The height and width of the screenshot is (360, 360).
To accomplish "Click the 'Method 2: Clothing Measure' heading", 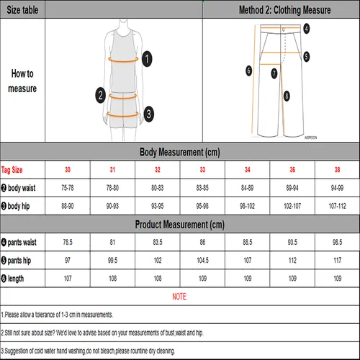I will [x=284, y=11].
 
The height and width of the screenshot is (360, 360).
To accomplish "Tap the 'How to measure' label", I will [x=22, y=81].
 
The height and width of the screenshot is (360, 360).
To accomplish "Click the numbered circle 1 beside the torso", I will [x=146, y=59].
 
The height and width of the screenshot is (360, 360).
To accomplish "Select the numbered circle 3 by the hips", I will [x=147, y=113].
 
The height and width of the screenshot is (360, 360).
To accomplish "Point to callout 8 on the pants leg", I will [x=287, y=96].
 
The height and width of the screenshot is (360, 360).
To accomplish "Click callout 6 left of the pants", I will [x=248, y=71].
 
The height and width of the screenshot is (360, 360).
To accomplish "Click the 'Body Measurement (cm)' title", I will [x=180, y=153].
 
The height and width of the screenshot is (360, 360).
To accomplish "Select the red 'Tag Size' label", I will [x=12, y=170].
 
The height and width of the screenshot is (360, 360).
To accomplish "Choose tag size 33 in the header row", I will [x=202, y=170].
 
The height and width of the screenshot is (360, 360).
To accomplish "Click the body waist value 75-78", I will [x=68, y=188].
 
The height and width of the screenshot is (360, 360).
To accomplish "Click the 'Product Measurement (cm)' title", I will [x=180, y=224].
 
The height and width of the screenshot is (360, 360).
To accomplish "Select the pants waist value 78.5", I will [x=68, y=242].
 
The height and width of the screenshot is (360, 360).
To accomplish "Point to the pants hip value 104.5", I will [x=202, y=260].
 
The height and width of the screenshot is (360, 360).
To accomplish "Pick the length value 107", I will [x=68, y=278].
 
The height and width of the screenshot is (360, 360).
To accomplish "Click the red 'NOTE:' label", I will [x=180, y=297].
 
